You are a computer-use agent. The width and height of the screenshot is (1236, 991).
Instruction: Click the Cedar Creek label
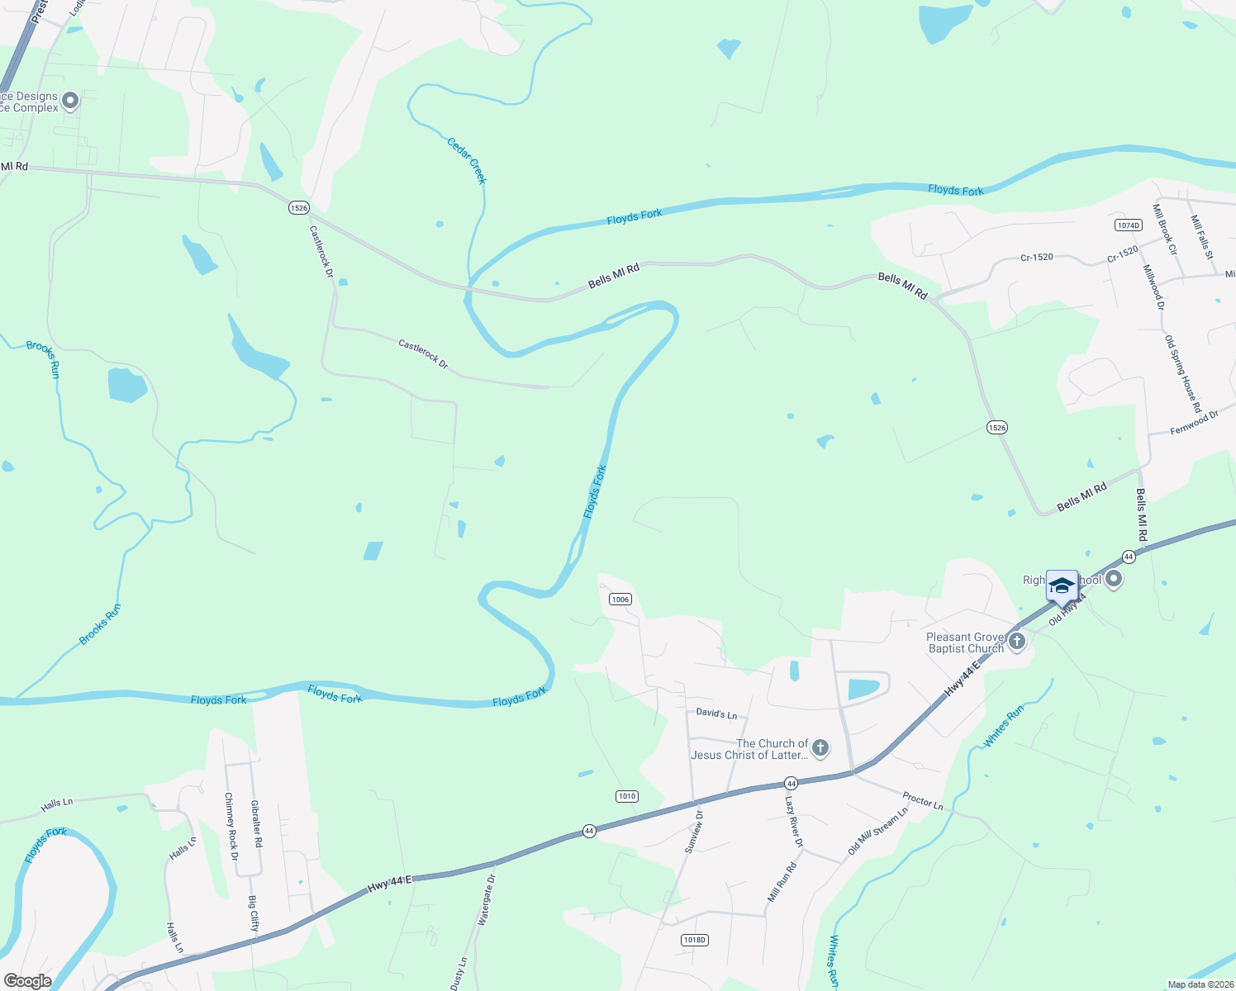pos(468,160)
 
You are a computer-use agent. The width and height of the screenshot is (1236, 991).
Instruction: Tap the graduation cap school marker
pos(1062,586)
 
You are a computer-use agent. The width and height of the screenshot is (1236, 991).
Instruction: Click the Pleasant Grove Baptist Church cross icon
pos(1017,642)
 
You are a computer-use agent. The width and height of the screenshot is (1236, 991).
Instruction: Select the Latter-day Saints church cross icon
pos(820,748)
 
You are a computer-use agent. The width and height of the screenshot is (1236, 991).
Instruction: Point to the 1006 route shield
pos(620,600)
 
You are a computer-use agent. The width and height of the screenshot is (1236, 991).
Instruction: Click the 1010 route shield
pos(626,796)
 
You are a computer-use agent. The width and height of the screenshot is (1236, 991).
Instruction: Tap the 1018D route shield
pos(695,940)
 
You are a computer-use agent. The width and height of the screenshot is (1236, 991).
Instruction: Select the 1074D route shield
pos(1128,225)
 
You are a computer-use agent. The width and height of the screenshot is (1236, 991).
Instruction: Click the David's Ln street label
pos(716,714)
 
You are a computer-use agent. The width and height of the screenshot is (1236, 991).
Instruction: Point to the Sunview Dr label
pos(694,832)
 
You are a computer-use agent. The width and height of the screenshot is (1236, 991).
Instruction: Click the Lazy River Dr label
pos(793,822)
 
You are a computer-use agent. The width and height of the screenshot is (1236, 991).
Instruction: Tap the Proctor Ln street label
pos(923,799)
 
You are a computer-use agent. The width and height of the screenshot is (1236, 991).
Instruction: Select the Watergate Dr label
pos(487,899)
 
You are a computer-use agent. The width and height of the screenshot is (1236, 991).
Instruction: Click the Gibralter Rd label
pos(257,823)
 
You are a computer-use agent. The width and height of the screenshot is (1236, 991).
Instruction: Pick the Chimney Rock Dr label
pos(231,827)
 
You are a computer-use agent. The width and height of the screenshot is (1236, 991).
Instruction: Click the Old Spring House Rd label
pos(1182,373)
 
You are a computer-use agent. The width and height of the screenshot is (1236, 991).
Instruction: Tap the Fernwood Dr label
pos(1195,423)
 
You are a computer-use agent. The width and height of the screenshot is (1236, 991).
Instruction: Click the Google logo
pos(28,981)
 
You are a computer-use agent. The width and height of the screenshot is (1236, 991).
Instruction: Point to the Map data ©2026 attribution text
pos(1199,984)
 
